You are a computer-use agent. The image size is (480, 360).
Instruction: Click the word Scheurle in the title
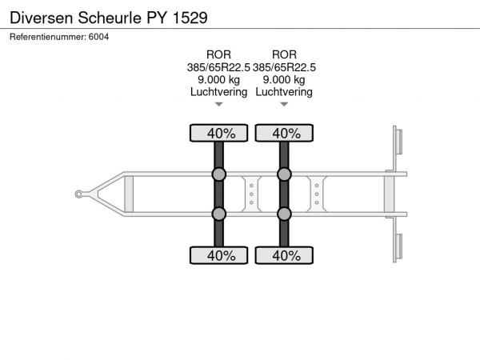coord(110,18)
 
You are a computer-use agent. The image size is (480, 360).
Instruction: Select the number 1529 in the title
coord(190,18)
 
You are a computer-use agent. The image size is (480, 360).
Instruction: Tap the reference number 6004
coord(98,37)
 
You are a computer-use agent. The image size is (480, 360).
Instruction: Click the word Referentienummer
coord(47,37)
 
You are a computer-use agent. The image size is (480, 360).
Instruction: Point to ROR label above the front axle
coord(218,54)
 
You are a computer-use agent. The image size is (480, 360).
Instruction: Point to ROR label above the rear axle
coord(284,54)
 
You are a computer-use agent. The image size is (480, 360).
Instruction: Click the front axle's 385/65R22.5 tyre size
coord(218,67)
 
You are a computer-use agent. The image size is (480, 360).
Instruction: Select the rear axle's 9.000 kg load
coord(284,79)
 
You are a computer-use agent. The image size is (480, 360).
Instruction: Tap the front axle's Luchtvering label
coord(218,92)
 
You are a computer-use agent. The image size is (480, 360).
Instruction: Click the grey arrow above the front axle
coord(218,104)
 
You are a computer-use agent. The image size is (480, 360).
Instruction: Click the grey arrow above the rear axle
coord(284,104)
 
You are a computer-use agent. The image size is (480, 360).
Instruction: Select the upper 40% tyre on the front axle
coord(218,133)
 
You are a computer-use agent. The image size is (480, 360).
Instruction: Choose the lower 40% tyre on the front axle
coord(218,255)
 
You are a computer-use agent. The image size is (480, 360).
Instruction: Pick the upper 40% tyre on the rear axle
coord(284,133)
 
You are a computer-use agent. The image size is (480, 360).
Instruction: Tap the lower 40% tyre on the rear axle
coord(284,255)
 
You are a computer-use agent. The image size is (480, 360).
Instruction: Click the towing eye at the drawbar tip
coord(78,194)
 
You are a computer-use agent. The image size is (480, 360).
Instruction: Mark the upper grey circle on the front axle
coord(219,174)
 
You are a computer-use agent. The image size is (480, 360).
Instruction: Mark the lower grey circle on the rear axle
coord(284,214)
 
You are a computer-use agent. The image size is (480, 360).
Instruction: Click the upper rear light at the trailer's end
coord(399,142)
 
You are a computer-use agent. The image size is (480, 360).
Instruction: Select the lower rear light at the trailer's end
coord(399,246)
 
